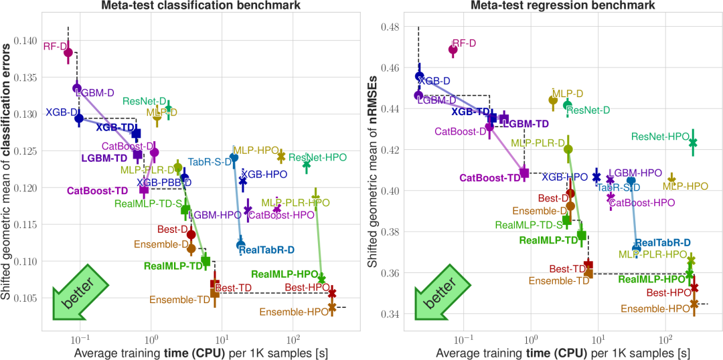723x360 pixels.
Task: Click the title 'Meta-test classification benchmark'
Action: [x=202, y=6]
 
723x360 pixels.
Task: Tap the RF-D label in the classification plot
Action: [x=54, y=47]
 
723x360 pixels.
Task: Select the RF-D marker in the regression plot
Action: [x=453, y=50]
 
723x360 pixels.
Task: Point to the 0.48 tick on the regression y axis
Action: [x=391, y=27]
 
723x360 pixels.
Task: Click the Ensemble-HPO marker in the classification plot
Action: [x=332, y=307]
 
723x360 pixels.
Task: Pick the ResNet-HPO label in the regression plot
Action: [x=659, y=137]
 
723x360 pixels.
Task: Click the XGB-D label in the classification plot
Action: [x=59, y=112]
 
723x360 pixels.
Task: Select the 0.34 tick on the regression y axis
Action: [x=391, y=314]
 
